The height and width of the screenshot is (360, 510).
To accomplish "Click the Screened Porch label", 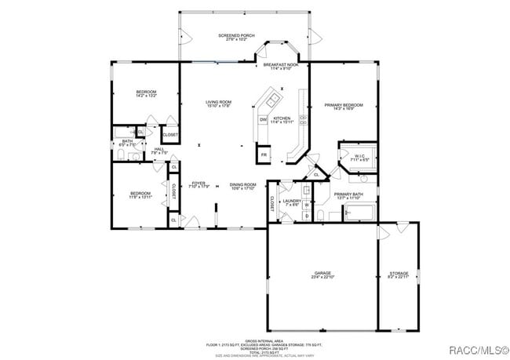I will pos(237,37).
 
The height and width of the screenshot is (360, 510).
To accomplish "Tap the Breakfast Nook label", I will pos(281,66).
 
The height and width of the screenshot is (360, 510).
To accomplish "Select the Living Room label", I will pos(218,104).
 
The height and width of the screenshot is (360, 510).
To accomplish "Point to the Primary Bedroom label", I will pos(344,106).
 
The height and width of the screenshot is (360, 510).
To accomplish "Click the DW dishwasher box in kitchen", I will pos(264,119).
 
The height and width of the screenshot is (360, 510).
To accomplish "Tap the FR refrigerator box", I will pos(264,155).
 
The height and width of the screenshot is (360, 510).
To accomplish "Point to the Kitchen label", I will pos(282,119).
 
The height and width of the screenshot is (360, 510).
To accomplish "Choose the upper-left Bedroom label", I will pos(147,93).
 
